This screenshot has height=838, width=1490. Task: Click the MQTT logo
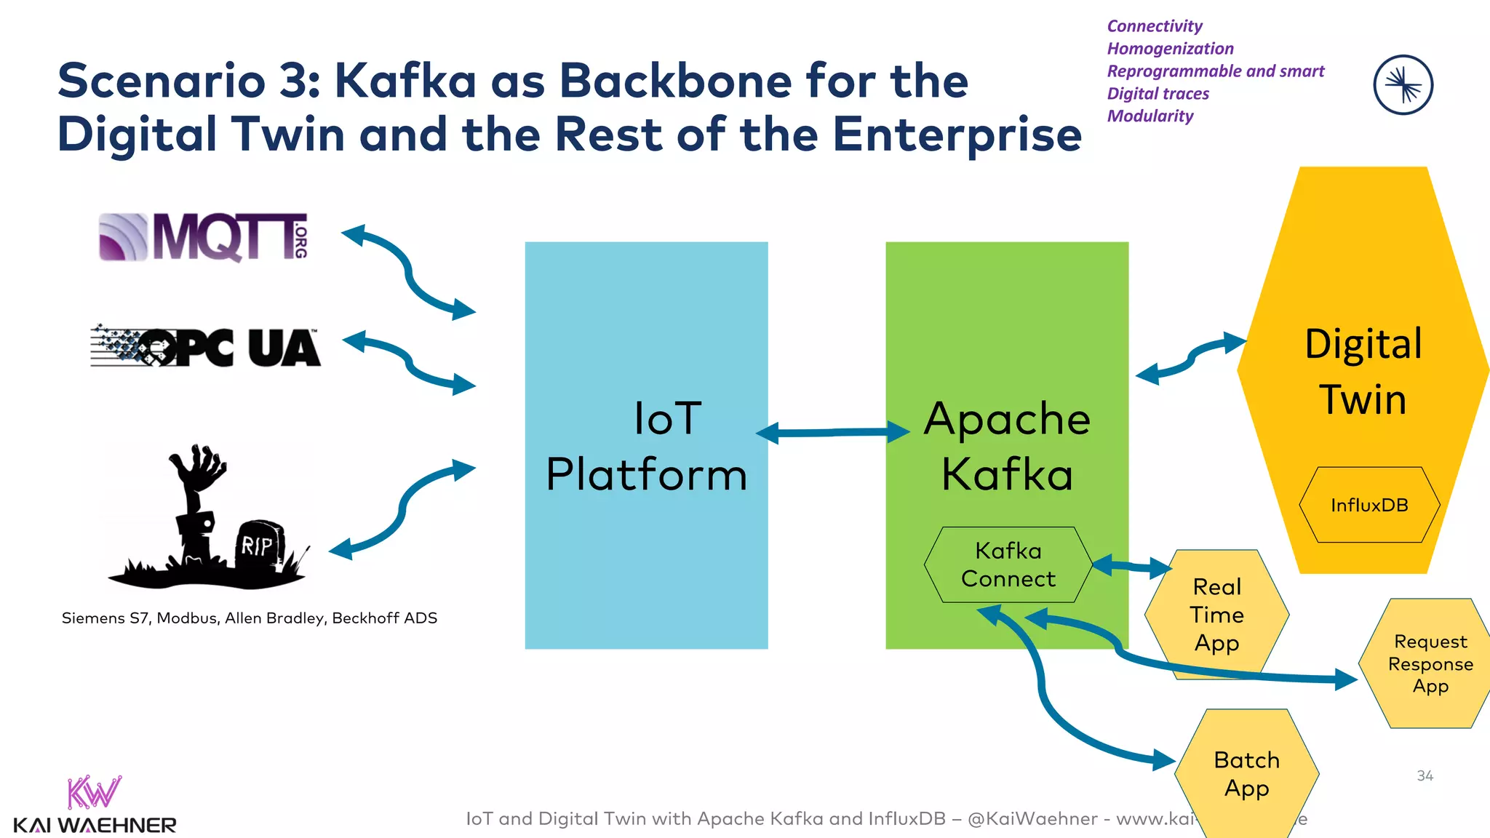coord(203,236)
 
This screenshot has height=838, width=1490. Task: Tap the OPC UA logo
coord(205,347)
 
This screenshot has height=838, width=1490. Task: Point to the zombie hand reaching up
coord(198,469)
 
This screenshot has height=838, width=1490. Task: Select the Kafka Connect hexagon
coord(1008,564)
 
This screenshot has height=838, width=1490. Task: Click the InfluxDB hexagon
coord(1369,505)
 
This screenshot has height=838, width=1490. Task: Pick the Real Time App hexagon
coord(1216,615)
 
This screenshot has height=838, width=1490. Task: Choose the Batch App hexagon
coord(1246,774)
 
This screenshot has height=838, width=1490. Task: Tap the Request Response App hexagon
coord(1430,663)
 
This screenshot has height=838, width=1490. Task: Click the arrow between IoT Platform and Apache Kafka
coord(832,433)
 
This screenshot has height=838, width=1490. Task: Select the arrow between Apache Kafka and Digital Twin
coord(1190,358)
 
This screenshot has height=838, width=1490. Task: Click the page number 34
coord(1425,776)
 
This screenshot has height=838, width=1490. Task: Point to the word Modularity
coord(1150,116)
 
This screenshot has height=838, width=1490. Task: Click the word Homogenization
coord(1170,49)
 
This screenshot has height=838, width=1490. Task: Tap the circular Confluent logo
coord(1403,85)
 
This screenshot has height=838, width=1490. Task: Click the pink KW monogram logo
coord(94,792)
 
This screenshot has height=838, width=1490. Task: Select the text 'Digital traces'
coord(1158,94)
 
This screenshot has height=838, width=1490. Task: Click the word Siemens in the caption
coord(93,618)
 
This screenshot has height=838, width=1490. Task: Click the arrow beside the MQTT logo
coord(408,271)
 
